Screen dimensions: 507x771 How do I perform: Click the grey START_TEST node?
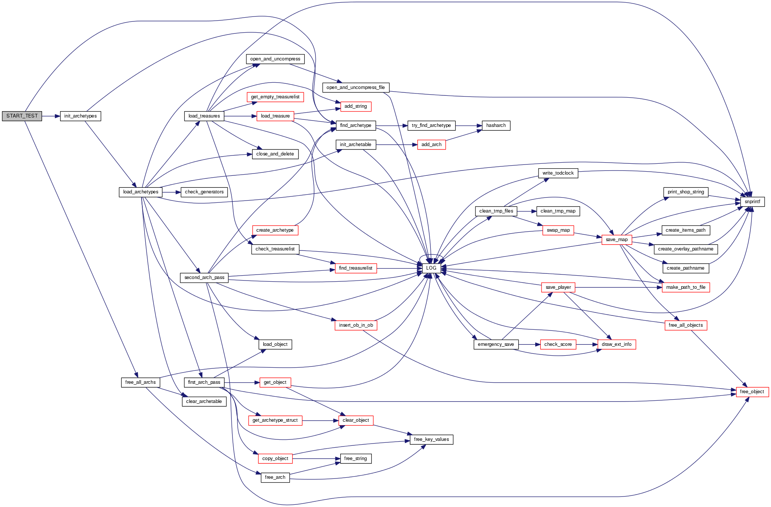coord(22,116)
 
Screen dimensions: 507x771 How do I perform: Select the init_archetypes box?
coord(80,116)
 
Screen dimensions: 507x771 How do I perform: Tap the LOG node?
coord(431,268)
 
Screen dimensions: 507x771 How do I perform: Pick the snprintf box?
coord(752,202)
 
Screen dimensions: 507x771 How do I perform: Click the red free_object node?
coord(752,392)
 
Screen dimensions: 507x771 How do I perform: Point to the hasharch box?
coord(496,125)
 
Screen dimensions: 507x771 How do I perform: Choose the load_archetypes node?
coord(140,192)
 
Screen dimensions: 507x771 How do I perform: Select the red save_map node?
coord(617,240)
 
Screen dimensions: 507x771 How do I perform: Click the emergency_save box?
coord(496,344)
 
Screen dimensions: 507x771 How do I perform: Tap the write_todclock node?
coord(558,173)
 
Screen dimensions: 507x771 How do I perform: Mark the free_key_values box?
coord(431,439)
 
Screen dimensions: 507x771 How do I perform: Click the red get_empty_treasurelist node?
coord(275,97)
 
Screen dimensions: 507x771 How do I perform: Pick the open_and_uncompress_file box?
coord(356,88)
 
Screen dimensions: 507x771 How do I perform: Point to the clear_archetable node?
coord(204,401)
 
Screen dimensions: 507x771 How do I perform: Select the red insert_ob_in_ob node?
coord(356,325)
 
